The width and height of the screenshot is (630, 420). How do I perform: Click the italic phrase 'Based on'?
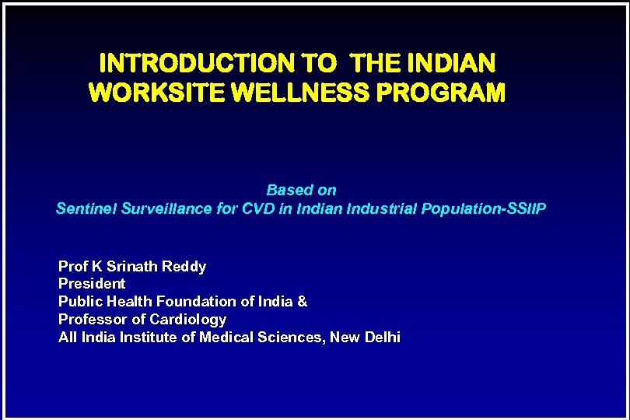pos(301,190)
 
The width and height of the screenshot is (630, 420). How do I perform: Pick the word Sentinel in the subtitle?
pos(87,209)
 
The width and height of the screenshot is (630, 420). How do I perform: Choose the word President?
pos(92,284)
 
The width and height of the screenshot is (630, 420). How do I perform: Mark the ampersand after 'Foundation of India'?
pos(303,301)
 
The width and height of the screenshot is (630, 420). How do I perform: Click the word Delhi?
pos(382,337)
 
